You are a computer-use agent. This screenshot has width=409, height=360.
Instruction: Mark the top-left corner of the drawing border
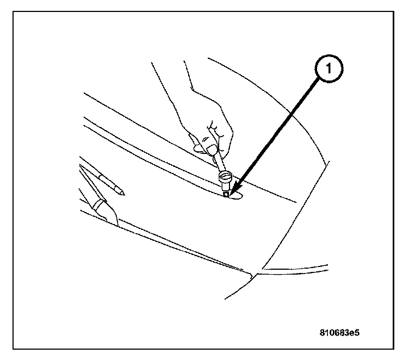pos(14,13)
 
